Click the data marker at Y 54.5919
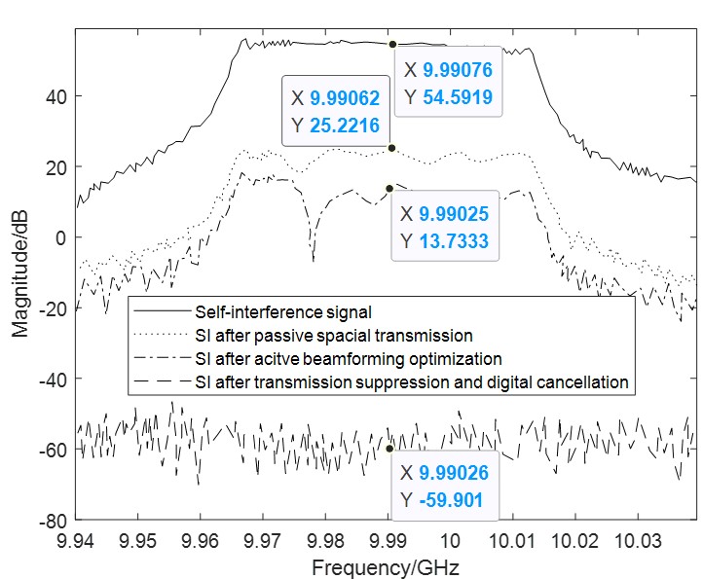coord(392,44)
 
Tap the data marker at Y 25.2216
coord(391,148)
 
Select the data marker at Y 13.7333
coord(389,188)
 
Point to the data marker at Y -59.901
coord(389,448)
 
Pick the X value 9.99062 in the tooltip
coord(344,98)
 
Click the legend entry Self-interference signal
coord(258,313)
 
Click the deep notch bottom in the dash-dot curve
coord(313,261)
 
